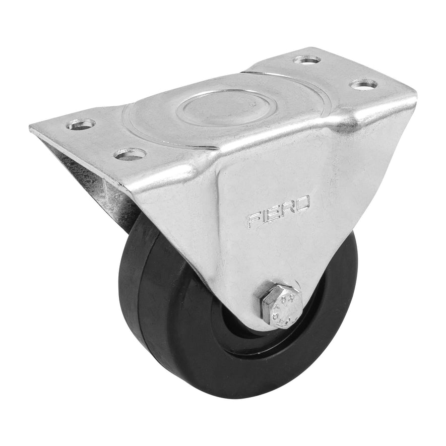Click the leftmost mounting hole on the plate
pyautogui.click(x=81, y=123)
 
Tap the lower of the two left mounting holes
pyautogui.click(x=130, y=153)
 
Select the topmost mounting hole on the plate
pyautogui.click(x=307, y=59)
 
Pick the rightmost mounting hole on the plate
pyautogui.click(x=364, y=84)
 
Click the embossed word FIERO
pyautogui.click(x=278, y=212)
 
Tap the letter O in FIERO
pyautogui.click(x=301, y=204)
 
